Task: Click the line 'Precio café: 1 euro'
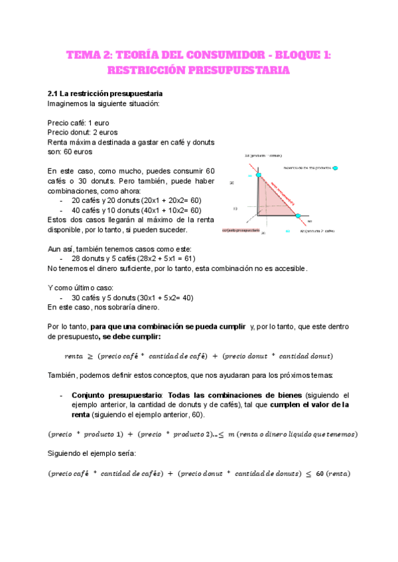(77, 123)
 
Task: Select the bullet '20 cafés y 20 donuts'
(136, 200)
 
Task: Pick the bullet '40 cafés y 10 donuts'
(136, 210)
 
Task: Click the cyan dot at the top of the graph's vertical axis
(259, 176)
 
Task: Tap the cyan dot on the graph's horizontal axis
(297, 216)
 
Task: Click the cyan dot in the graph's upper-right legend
(336, 168)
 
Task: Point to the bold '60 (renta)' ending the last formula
(333, 474)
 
